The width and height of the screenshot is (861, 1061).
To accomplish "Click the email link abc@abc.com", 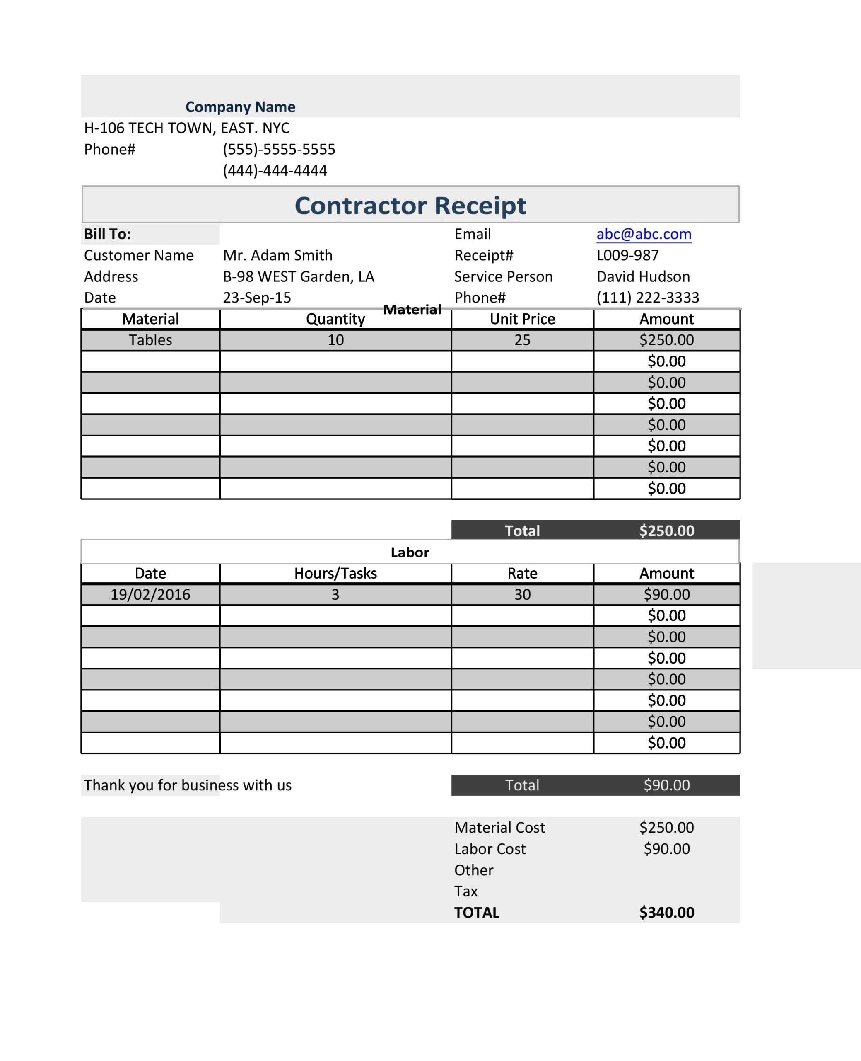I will click(643, 234).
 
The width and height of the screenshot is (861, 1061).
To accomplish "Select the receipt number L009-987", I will click(627, 255).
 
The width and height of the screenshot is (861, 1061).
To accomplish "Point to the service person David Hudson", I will click(643, 276).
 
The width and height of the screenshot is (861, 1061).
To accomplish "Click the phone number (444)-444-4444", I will click(275, 170).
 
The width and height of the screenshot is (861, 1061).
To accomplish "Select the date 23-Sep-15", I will click(256, 297).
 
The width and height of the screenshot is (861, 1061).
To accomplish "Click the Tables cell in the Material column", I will click(150, 340).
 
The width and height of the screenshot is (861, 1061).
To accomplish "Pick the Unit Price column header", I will click(522, 319).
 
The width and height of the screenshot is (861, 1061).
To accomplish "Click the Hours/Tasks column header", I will click(335, 573).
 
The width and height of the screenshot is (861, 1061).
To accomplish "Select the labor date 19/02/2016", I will click(150, 594).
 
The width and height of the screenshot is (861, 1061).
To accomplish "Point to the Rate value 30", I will click(522, 594).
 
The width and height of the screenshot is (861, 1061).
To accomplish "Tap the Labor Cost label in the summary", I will click(490, 849).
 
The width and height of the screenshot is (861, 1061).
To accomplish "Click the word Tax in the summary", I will click(466, 891).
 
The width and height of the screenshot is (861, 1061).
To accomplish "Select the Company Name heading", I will click(240, 107).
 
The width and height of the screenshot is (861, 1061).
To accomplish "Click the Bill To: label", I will click(107, 234).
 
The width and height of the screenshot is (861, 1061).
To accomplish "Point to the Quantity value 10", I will click(335, 340).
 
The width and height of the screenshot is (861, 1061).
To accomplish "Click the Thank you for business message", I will click(188, 785).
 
